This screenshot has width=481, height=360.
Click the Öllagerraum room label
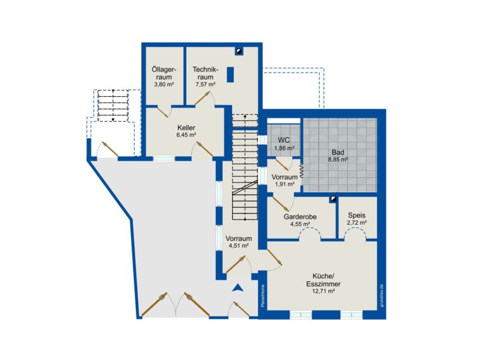(x=164, y=73)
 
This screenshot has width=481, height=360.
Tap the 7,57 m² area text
(x=205, y=85)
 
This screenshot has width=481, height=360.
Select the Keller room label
(x=186, y=127)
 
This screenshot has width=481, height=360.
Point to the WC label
(x=284, y=140)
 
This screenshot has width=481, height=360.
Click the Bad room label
(x=338, y=153)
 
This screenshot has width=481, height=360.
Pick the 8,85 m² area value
(x=338, y=160)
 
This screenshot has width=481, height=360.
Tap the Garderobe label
(x=300, y=217)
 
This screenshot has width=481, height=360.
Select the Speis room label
(x=357, y=215)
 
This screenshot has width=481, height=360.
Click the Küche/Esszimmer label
(x=323, y=279)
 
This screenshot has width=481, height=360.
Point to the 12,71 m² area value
(x=323, y=291)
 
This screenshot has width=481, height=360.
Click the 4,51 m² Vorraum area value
(x=239, y=246)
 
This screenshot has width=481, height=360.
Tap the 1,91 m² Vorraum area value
(x=284, y=185)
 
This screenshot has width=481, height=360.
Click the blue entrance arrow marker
(x=237, y=288)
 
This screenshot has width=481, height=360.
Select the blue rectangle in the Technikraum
(x=230, y=75)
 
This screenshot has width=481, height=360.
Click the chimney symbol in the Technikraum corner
(x=239, y=51)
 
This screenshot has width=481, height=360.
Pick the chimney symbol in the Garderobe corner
(x=334, y=200)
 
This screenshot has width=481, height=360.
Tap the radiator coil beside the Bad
(x=301, y=171)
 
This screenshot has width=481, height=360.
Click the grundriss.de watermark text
(x=382, y=296)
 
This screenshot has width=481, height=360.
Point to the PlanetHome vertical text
(x=263, y=296)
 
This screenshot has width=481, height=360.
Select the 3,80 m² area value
(x=164, y=85)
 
